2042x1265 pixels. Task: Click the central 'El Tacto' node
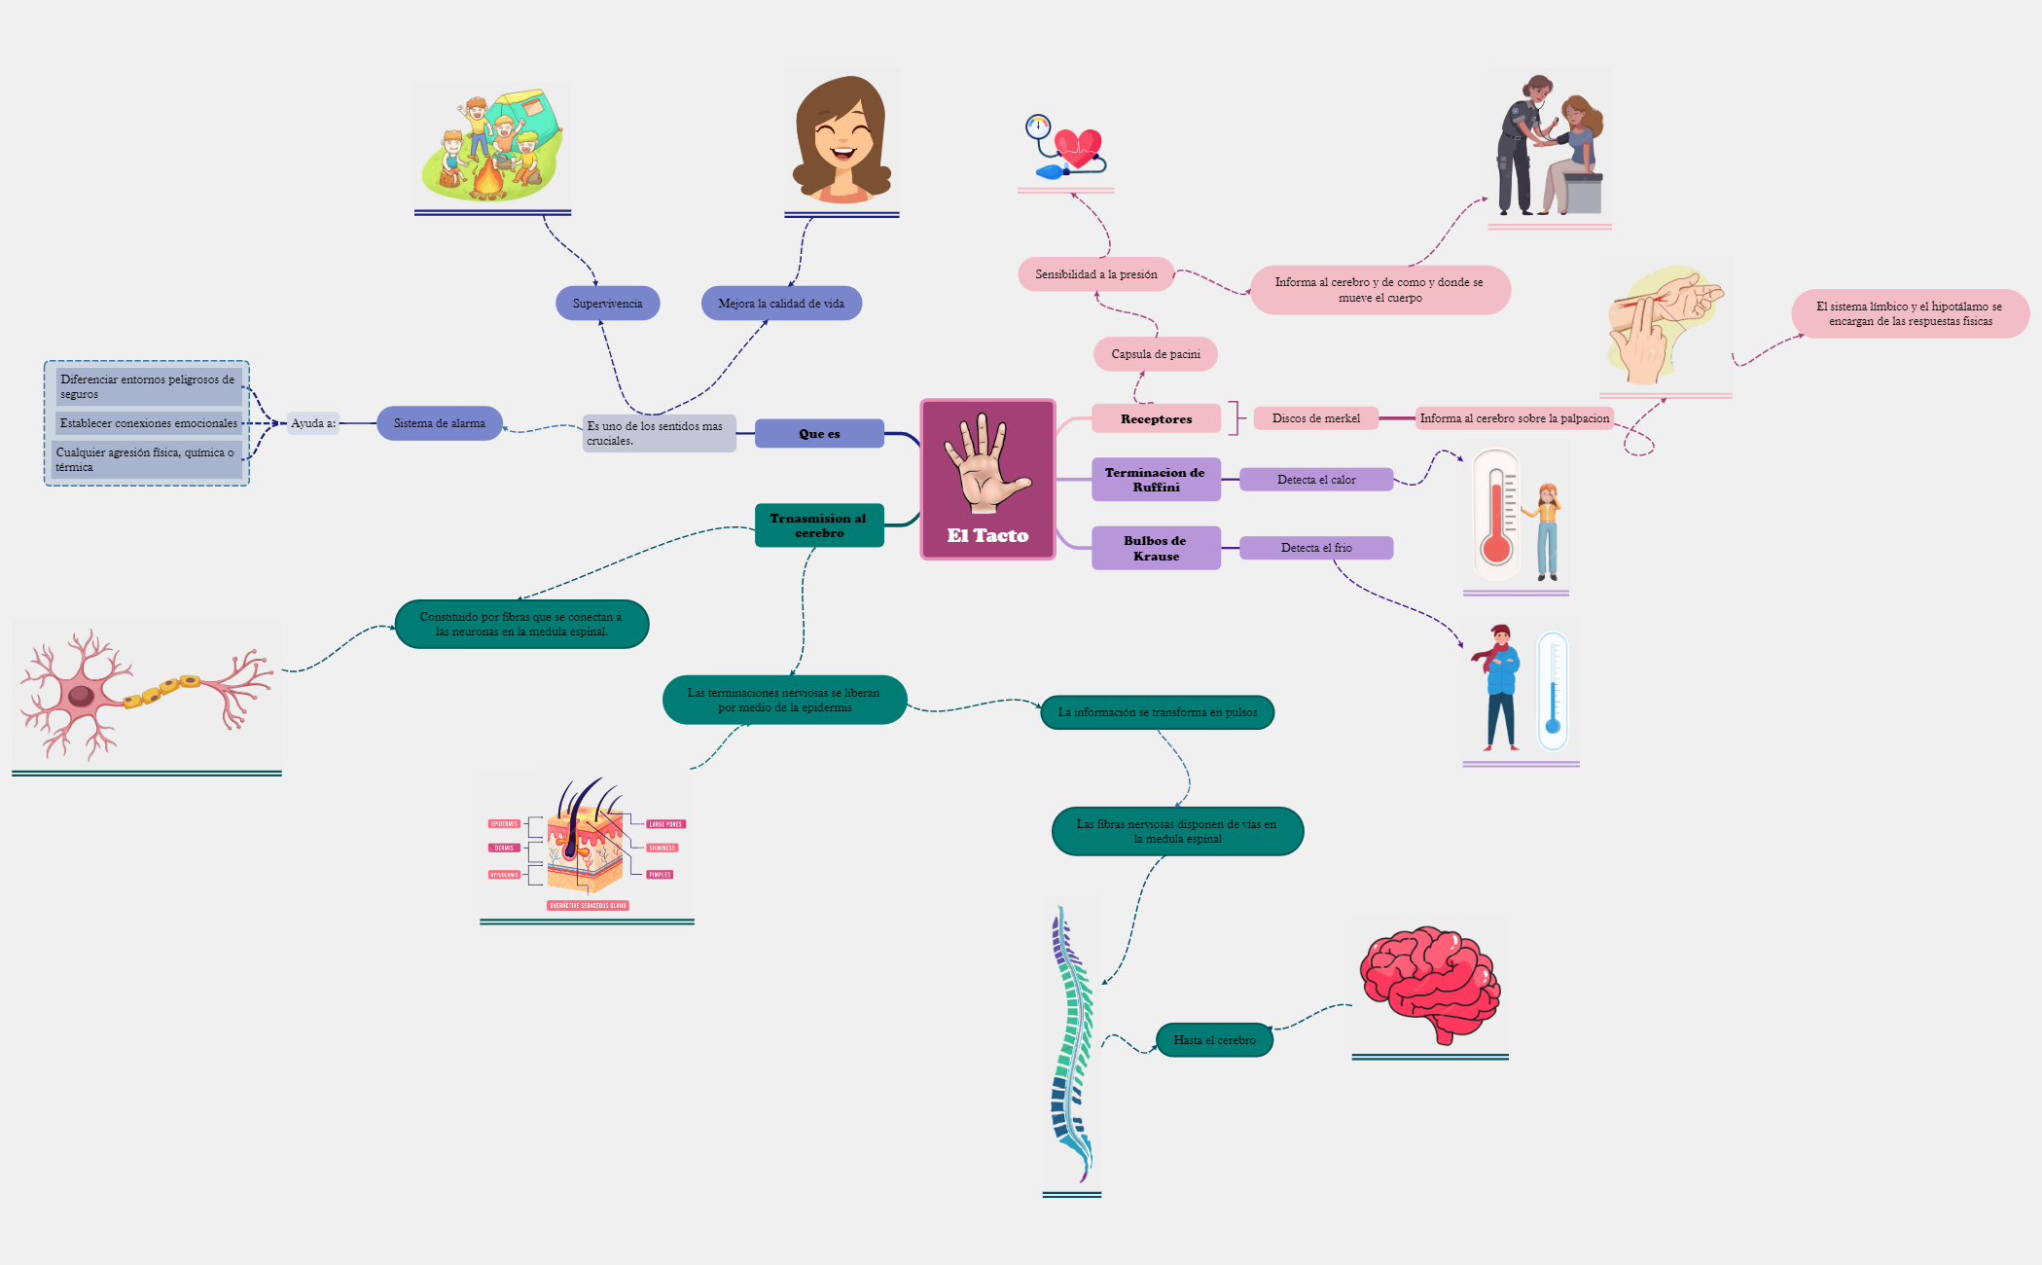(x=987, y=479)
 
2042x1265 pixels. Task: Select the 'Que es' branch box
(x=819, y=434)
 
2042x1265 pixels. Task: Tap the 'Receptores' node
(x=1156, y=418)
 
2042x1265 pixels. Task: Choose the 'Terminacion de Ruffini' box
(x=1156, y=480)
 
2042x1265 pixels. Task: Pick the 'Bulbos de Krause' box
(x=1156, y=548)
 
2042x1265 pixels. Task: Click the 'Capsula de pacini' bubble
(x=1156, y=354)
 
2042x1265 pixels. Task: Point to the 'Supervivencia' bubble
(x=607, y=304)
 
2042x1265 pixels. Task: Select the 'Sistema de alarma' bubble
(x=439, y=423)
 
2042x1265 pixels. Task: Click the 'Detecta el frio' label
(x=1316, y=548)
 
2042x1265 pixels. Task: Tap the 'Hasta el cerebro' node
(x=1214, y=1040)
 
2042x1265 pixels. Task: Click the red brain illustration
(x=1429, y=983)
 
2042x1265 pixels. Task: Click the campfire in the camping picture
(x=487, y=180)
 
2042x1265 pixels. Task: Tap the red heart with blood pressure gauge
(x=1078, y=148)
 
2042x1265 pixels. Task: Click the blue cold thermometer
(x=1553, y=691)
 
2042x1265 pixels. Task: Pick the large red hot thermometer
(x=1496, y=514)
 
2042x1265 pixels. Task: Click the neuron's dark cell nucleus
(x=81, y=695)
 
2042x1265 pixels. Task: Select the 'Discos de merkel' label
(x=1315, y=418)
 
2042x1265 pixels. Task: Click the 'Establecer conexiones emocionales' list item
(x=148, y=423)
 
